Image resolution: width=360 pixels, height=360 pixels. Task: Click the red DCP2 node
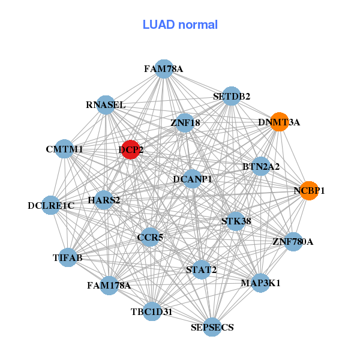pos(131,149)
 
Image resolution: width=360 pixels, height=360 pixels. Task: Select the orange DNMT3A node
pos(279,122)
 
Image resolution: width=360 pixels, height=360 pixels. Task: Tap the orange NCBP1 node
pos(308,191)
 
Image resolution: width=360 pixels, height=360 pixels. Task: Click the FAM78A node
pos(163,69)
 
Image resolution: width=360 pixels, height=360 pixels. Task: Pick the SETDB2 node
pos(232,96)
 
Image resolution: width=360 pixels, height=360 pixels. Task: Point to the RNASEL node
pos(106,105)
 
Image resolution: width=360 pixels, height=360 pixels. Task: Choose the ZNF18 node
pos(185,123)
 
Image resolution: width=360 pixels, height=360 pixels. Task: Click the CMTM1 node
pos(64,149)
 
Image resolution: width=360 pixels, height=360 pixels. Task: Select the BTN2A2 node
pos(260,166)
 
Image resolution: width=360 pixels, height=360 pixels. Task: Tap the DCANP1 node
pos(192,178)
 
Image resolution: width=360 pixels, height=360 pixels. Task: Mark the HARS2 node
pos(104,200)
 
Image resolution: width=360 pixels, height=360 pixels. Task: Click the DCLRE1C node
pos(51,206)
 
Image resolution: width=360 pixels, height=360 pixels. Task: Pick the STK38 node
pos(236,221)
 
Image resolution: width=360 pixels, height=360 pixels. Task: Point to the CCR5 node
pos(150,238)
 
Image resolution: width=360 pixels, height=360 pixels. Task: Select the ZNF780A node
pos(293,242)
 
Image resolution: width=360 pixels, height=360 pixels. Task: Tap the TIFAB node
pos(68,257)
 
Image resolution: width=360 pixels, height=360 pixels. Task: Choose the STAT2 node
pos(201,270)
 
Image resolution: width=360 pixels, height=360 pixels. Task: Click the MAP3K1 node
pos(260,282)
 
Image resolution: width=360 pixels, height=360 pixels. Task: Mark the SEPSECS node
pos(212,327)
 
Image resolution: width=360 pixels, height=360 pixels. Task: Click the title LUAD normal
pos(180,25)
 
